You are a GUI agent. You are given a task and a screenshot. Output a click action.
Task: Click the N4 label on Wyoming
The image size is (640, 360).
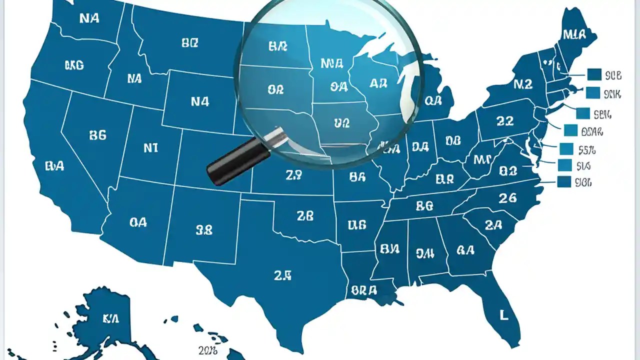[200, 102]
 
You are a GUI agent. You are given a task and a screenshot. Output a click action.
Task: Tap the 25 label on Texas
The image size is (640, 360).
[282, 275]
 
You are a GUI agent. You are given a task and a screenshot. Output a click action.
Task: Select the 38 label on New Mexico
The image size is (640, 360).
[204, 230]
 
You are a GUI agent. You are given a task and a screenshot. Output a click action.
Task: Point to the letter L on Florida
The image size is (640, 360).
[504, 314]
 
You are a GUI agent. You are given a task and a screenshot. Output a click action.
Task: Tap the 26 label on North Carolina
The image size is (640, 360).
[507, 198]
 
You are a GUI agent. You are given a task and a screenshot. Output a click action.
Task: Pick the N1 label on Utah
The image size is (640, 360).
[151, 148]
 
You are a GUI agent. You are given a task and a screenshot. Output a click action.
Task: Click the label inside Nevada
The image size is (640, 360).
[97, 135]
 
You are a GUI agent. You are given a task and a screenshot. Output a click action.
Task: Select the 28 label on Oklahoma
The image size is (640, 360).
[305, 216]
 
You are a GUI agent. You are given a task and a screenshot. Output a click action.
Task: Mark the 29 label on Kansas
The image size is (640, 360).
[293, 175]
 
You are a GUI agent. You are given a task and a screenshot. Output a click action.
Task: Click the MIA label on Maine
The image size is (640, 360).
[574, 35]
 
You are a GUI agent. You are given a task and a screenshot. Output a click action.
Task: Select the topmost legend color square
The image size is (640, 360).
[594, 75]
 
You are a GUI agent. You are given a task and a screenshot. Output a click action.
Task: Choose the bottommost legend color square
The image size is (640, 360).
[564, 182]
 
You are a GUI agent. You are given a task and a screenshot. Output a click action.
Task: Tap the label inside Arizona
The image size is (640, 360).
[138, 222]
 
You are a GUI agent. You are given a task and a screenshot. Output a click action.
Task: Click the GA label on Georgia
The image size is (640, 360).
[465, 250]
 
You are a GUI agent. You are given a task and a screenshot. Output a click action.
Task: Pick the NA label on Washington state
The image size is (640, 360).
[89, 18]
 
